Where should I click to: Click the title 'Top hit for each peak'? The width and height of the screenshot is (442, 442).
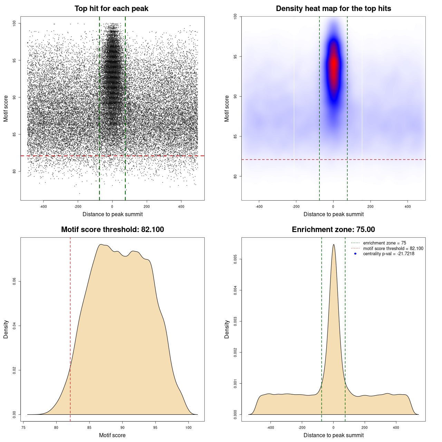(111, 9)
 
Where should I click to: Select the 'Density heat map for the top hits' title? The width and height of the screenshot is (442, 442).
(333, 9)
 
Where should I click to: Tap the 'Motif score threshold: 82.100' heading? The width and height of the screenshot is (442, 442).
(112, 230)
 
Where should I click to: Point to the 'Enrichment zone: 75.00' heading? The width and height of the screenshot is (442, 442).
(333, 230)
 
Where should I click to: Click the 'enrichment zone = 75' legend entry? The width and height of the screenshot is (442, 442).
(384, 243)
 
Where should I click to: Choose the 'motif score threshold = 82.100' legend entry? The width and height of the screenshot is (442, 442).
(393, 248)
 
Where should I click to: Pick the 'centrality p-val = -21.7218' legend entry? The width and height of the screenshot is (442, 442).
(388, 254)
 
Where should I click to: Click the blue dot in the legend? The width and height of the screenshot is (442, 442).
(355, 254)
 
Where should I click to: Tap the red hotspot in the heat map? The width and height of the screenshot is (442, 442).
(334, 64)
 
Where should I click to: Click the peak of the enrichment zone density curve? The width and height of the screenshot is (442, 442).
(334, 245)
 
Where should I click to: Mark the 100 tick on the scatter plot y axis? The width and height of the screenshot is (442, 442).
(15, 23)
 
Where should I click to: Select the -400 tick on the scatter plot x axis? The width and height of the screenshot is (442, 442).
(43, 206)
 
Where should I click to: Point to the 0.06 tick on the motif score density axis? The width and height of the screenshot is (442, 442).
(15, 281)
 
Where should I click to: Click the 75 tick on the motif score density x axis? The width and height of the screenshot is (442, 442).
(23, 427)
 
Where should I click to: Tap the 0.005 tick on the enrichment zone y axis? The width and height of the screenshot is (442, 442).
(236, 259)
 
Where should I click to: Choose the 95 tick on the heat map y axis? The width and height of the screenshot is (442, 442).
(236, 56)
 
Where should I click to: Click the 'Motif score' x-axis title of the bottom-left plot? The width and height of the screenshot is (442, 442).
(112, 435)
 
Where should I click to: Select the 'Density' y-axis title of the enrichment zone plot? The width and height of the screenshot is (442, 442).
(227, 329)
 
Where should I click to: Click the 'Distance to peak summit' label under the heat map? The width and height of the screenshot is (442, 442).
(333, 214)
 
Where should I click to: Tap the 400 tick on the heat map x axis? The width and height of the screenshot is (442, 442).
(407, 206)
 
